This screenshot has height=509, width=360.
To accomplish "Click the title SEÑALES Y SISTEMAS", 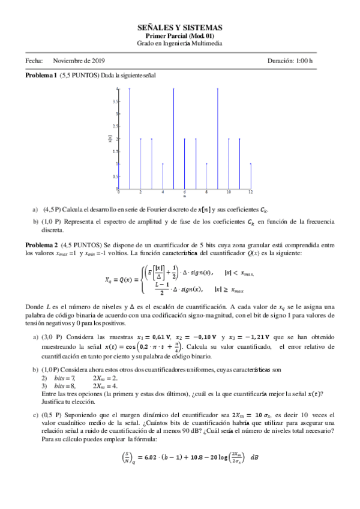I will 180,28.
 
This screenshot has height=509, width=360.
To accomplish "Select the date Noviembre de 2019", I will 79,61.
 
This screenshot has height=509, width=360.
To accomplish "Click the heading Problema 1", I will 41,76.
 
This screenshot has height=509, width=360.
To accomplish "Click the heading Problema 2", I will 41,245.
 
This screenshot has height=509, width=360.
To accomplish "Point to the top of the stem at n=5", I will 173,89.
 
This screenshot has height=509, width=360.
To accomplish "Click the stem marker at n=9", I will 217,89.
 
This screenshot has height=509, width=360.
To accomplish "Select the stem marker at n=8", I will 206,163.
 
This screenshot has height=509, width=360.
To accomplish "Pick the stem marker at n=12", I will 250,163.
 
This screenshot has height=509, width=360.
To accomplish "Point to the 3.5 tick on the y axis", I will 115,101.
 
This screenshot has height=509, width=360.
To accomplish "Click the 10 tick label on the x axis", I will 228,192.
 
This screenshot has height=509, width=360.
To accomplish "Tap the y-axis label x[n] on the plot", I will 109,139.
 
